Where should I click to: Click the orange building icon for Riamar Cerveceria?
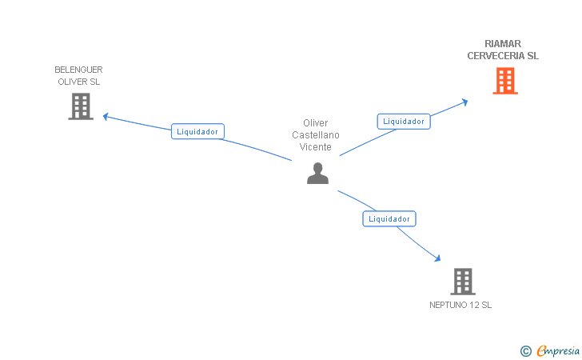(x=504, y=81)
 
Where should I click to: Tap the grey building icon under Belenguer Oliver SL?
(x=81, y=106)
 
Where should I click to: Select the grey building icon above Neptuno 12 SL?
(x=463, y=281)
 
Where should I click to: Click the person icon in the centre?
(x=317, y=173)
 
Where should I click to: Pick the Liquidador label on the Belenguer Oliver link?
(x=197, y=131)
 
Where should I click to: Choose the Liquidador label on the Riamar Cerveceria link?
(x=404, y=121)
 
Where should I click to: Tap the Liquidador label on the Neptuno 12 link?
(x=389, y=218)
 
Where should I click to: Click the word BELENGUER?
(x=78, y=70)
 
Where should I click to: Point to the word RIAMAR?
(x=503, y=44)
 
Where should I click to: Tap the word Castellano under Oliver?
(x=316, y=135)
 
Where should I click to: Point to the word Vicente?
(x=316, y=147)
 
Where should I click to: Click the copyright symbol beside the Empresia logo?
(x=525, y=350)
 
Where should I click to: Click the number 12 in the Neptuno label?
(x=476, y=305)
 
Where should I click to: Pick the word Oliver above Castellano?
(x=316, y=123)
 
